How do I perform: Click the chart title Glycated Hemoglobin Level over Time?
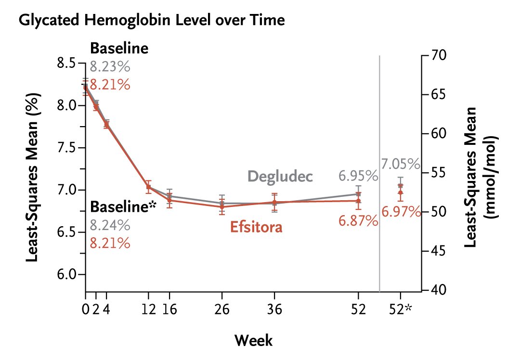[151, 20]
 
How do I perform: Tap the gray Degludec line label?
[280, 176]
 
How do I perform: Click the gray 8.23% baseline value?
[110, 66]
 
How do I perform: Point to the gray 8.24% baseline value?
[110, 225]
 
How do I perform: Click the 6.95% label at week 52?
[358, 176]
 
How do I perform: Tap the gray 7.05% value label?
[401, 165]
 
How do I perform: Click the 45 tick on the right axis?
[436, 251]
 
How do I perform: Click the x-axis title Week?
[253, 341]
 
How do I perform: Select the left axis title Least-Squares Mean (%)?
[33, 178]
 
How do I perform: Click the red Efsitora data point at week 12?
[148, 187]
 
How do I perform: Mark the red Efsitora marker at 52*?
[400, 193]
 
